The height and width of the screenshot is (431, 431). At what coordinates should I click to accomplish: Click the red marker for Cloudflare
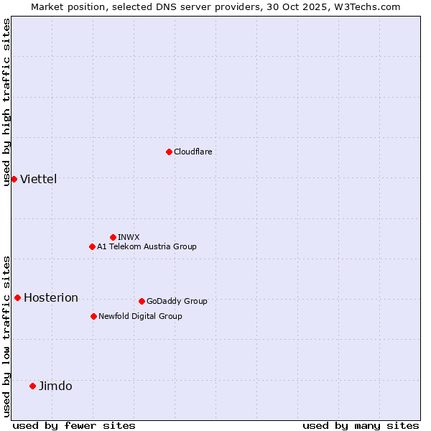[x=169, y=152]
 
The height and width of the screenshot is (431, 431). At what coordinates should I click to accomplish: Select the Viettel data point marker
[x=14, y=179]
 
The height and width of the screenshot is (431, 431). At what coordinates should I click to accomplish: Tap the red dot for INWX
[x=113, y=237]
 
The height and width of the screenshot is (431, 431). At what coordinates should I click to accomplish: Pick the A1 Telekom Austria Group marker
[x=92, y=246]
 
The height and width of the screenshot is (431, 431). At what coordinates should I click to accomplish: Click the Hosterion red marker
[x=17, y=297]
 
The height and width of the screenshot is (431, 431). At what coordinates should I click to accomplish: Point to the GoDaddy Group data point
[x=142, y=301]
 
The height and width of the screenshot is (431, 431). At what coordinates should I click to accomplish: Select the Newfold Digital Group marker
[x=93, y=316]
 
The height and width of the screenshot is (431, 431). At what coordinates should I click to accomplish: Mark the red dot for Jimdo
[x=32, y=386]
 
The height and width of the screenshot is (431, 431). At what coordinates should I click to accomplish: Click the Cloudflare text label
[x=193, y=152]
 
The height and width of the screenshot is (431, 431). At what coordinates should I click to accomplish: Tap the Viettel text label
[x=38, y=179]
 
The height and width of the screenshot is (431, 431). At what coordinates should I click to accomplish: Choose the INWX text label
[x=129, y=237]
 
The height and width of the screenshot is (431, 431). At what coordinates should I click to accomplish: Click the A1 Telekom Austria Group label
[x=147, y=246]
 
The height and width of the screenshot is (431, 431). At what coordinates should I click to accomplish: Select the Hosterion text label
[x=50, y=297]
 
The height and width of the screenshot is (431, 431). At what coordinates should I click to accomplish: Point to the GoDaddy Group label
[x=177, y=301]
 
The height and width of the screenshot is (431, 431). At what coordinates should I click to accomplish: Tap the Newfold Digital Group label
[x=140, y=316]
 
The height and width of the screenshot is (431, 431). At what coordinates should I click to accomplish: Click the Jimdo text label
[x=55, y=386]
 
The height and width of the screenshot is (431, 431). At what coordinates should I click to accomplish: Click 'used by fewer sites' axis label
[x=74, y=425]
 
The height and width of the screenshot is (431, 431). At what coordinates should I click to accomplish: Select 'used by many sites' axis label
[x=361, y=425]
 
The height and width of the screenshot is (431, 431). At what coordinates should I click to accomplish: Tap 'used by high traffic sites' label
[x=6, y=102]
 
